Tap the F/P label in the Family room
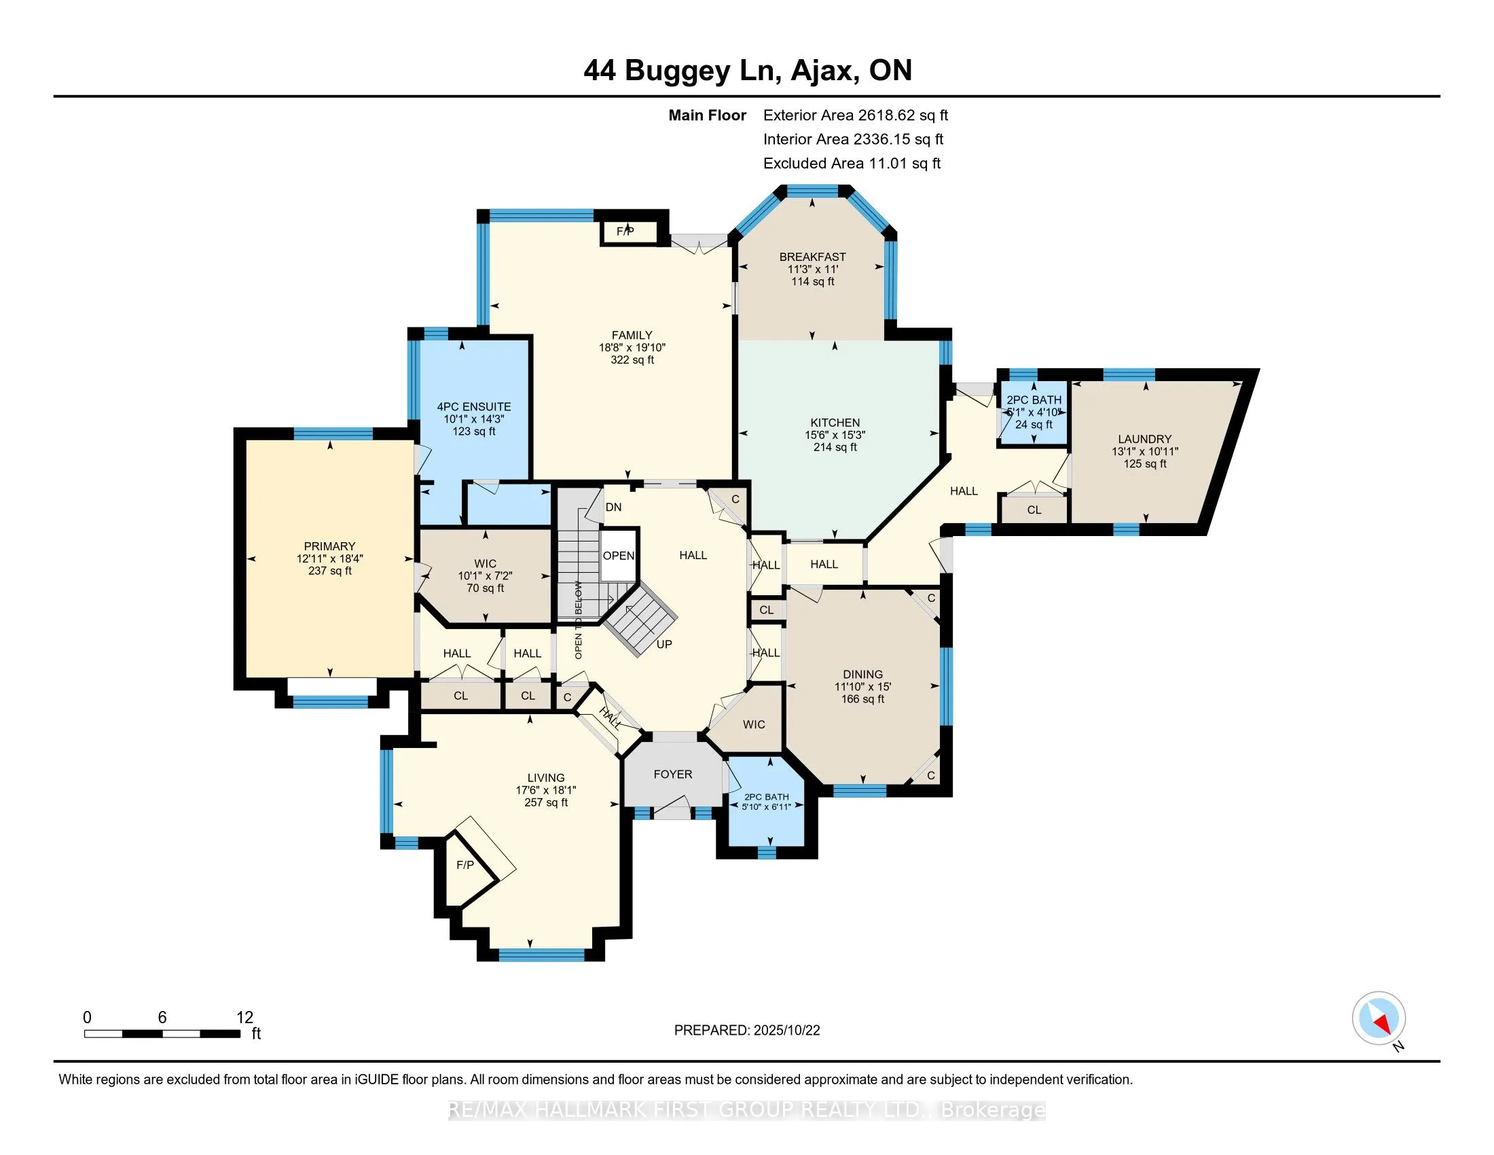point(625,232)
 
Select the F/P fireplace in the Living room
point(465,865)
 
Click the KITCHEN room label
point(835,423)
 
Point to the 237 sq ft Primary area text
point(330,571)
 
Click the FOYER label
point(672,774)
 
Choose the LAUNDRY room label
point(1144,440)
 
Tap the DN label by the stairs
point(614,507)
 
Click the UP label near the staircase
point(663,644)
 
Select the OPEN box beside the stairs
point(619,556)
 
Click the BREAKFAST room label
point(813,257)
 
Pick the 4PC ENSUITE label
point(474,406)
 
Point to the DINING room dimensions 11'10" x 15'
point(862,687)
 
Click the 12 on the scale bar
point(244,1018)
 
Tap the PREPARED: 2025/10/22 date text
point(746,1031)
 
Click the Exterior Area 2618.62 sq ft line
point(855,115)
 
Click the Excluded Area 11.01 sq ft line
point(852,164)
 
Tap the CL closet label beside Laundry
point(1034,510)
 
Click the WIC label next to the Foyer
point(754,725)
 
